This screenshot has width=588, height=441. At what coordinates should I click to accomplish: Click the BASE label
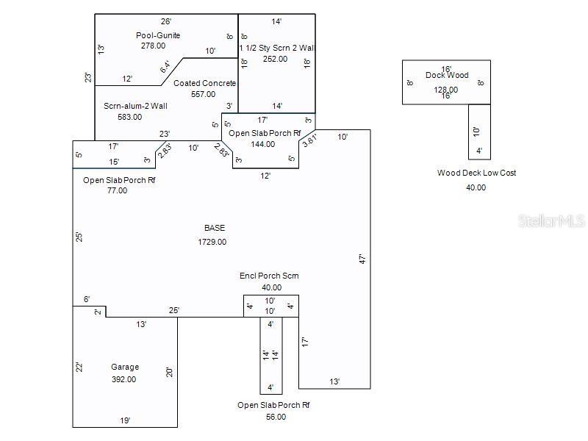tap(215, 228)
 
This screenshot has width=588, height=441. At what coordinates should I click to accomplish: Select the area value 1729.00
tap(212, 242)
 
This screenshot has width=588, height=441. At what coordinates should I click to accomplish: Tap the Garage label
tap(125, 367)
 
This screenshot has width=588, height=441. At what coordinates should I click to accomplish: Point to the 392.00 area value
tap(123, 379)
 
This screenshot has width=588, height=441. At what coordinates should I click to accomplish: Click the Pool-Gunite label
tap(158, 35)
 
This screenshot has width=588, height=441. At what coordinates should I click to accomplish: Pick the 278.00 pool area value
tap(153, 46)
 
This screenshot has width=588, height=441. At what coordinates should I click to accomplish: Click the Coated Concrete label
tap(205, 83)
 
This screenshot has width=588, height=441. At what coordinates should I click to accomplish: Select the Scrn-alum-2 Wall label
tap(135, 106)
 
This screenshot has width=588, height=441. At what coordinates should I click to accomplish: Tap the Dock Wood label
tap(447, 75)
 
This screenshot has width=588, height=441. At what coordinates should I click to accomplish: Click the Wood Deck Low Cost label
tap(476, 173)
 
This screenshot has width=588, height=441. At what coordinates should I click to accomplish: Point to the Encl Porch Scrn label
tap(269, 276)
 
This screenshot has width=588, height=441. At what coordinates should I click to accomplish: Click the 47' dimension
tap(362, 259)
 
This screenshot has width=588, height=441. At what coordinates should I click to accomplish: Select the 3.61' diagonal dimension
tap(310, 140)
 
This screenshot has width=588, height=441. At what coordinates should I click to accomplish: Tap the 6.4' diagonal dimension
tap(165, 67)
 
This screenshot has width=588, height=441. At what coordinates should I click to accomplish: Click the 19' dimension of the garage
tap(125, 420)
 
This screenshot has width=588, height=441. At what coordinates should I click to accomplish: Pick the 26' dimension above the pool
tap(166, 22)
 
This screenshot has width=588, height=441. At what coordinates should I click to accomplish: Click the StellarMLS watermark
tap(551, 221)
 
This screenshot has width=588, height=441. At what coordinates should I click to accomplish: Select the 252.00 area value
tap(275, 59)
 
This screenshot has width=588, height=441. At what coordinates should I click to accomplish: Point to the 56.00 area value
tap(276, 417)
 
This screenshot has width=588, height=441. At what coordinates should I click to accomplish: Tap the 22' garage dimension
tap(79, 367)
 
